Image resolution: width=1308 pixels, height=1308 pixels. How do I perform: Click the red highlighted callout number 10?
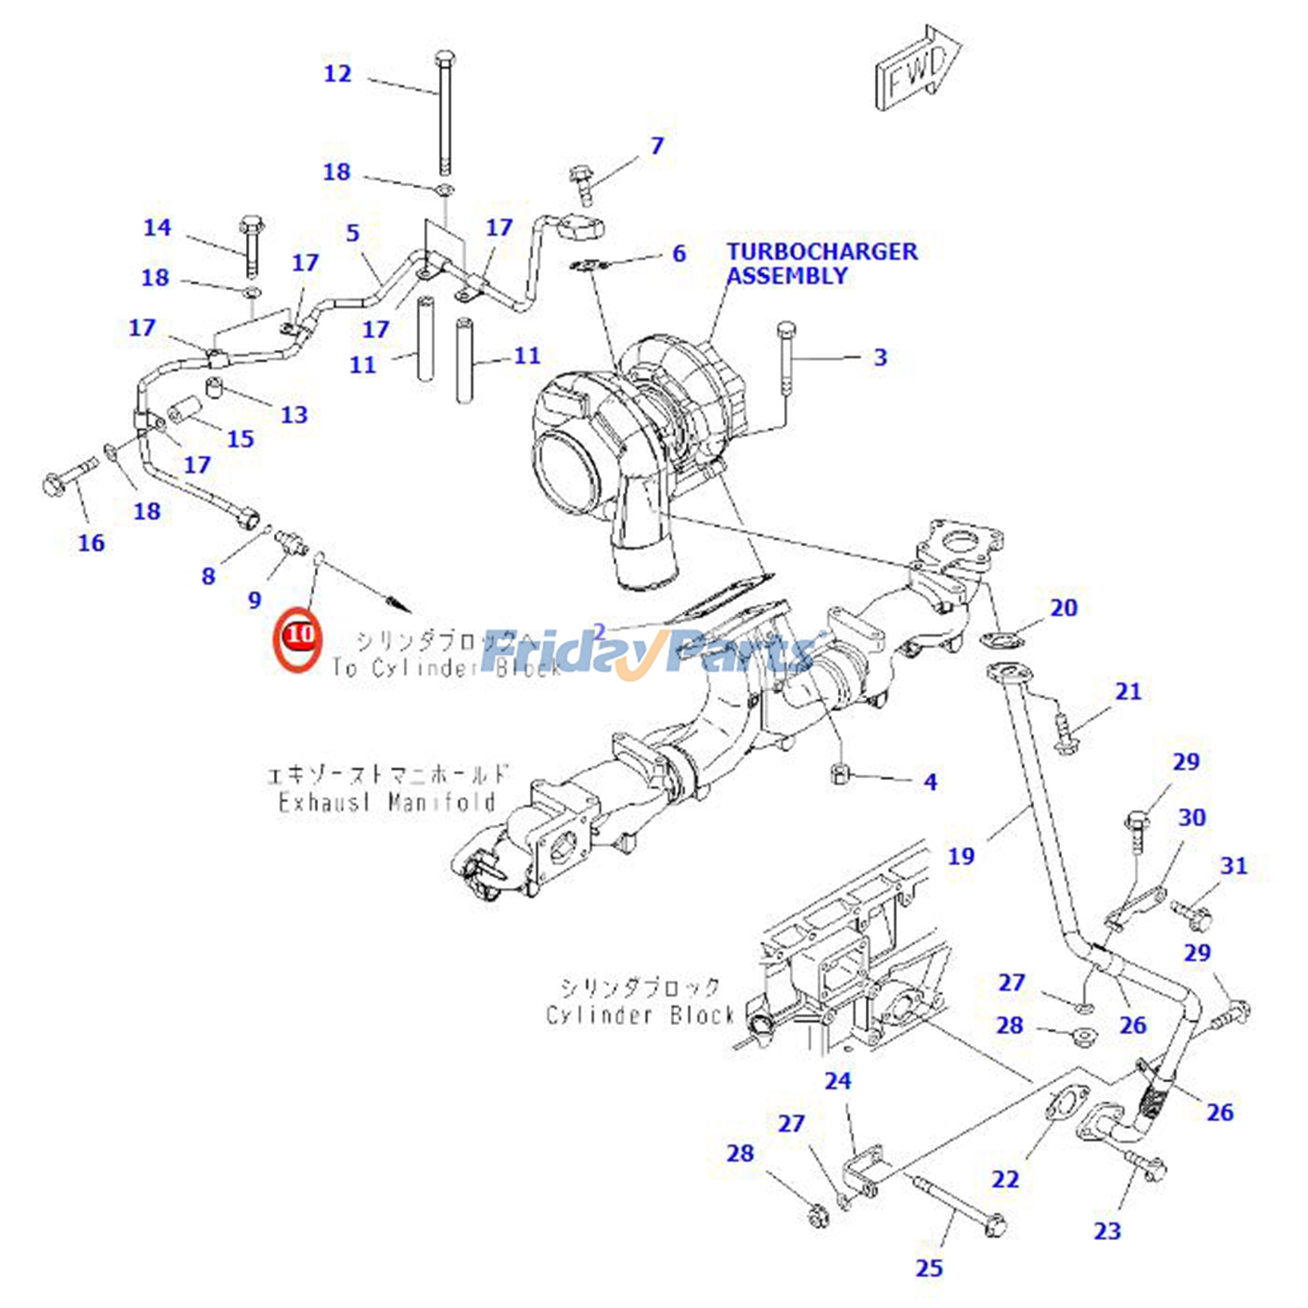pos(298,634)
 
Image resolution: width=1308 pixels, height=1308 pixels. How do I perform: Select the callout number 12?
pos(338,74)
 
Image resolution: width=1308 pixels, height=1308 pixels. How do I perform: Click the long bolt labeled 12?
pos(445,114)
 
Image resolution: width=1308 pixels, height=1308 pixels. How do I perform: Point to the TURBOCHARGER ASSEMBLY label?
pos(822,263)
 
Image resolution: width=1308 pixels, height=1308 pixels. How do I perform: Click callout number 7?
pos(657,146)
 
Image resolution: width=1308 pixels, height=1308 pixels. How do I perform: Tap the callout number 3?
pos(880,357)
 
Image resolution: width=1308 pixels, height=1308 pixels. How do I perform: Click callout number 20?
pos(1064,607)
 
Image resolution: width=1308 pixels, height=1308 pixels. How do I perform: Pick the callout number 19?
pos(961,856)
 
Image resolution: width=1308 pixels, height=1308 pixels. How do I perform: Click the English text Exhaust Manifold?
pos(387,802)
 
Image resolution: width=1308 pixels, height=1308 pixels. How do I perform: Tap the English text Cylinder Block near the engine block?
pos(640,1015)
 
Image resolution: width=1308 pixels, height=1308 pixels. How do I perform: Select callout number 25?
pos(929,1268)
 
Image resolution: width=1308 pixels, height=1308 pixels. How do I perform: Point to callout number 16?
pos(91,543)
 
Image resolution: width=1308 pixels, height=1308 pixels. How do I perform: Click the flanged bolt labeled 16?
pos(65,477)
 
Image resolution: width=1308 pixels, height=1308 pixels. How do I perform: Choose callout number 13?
pos(294,415)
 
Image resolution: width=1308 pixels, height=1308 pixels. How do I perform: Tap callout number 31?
pos(1234,866)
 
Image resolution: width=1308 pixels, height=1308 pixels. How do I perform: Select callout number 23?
pos(1108,1230)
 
